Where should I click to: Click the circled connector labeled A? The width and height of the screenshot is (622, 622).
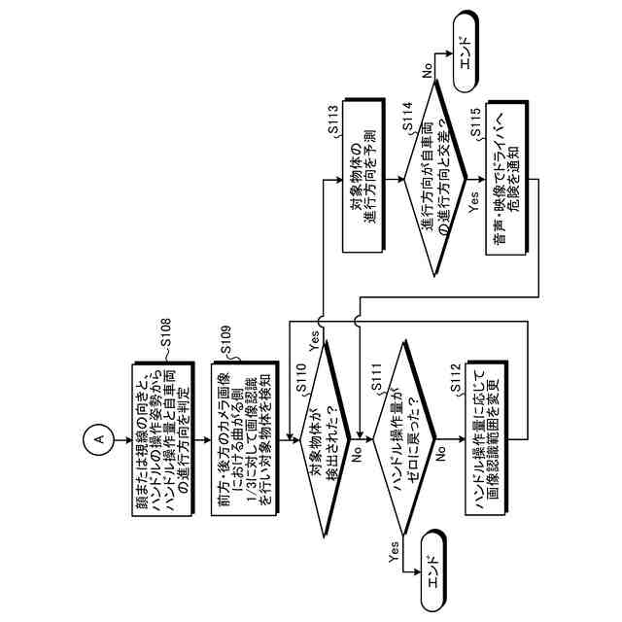pos(97,440)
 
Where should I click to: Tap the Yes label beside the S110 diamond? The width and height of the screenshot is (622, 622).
pos(313,340)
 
